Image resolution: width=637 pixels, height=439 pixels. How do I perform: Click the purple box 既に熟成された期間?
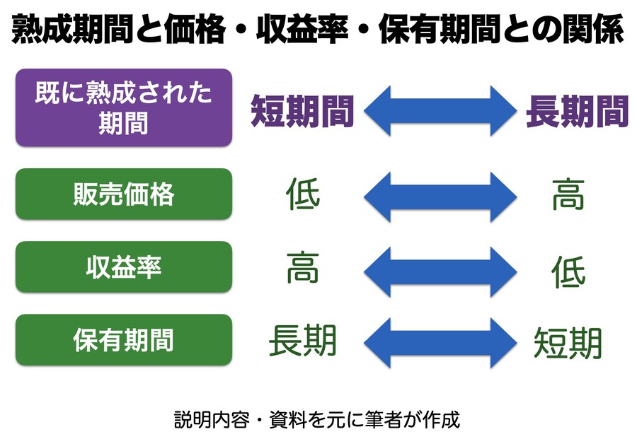[124, 107]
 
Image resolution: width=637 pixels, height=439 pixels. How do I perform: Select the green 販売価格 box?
[124, 194]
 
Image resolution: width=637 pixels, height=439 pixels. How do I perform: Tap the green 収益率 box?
[124, 267]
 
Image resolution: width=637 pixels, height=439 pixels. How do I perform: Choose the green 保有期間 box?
[124, 340]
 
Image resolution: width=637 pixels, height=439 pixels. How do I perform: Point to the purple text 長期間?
[577, 110]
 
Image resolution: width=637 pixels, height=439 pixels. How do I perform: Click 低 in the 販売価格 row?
[303, 195]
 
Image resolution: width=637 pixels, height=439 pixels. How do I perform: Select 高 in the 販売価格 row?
[568, 195]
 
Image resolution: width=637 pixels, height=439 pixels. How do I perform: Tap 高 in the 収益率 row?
[303, 268]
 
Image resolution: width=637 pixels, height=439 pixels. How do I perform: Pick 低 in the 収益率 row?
[568, 271]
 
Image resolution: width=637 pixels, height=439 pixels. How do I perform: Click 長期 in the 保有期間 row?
[303, 341]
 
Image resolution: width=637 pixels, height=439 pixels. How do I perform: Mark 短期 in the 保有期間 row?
[568, 343]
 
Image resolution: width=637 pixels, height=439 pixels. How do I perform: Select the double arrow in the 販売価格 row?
[440, 195]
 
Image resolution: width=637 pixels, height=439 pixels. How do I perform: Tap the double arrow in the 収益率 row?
[440, 268]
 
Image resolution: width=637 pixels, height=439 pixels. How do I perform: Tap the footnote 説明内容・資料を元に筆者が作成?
[317, 419]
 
